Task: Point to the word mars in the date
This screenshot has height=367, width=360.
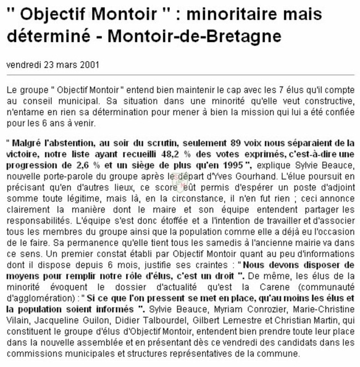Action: (60, 64)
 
